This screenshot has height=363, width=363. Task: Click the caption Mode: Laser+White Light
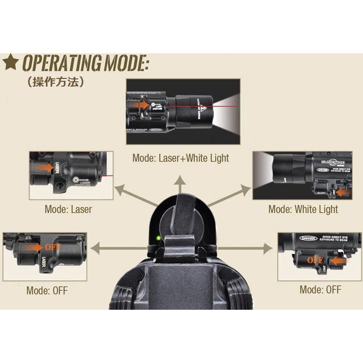181,158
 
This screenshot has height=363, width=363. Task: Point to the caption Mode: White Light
303,209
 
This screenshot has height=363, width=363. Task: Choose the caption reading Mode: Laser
68,209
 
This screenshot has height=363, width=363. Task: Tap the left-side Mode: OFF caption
47,290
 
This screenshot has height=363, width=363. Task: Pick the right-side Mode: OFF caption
320,289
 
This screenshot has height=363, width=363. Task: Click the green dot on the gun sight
157,237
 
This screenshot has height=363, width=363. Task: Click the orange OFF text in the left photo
53,246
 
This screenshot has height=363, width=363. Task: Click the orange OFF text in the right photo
315,260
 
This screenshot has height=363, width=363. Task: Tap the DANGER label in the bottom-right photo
308,238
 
